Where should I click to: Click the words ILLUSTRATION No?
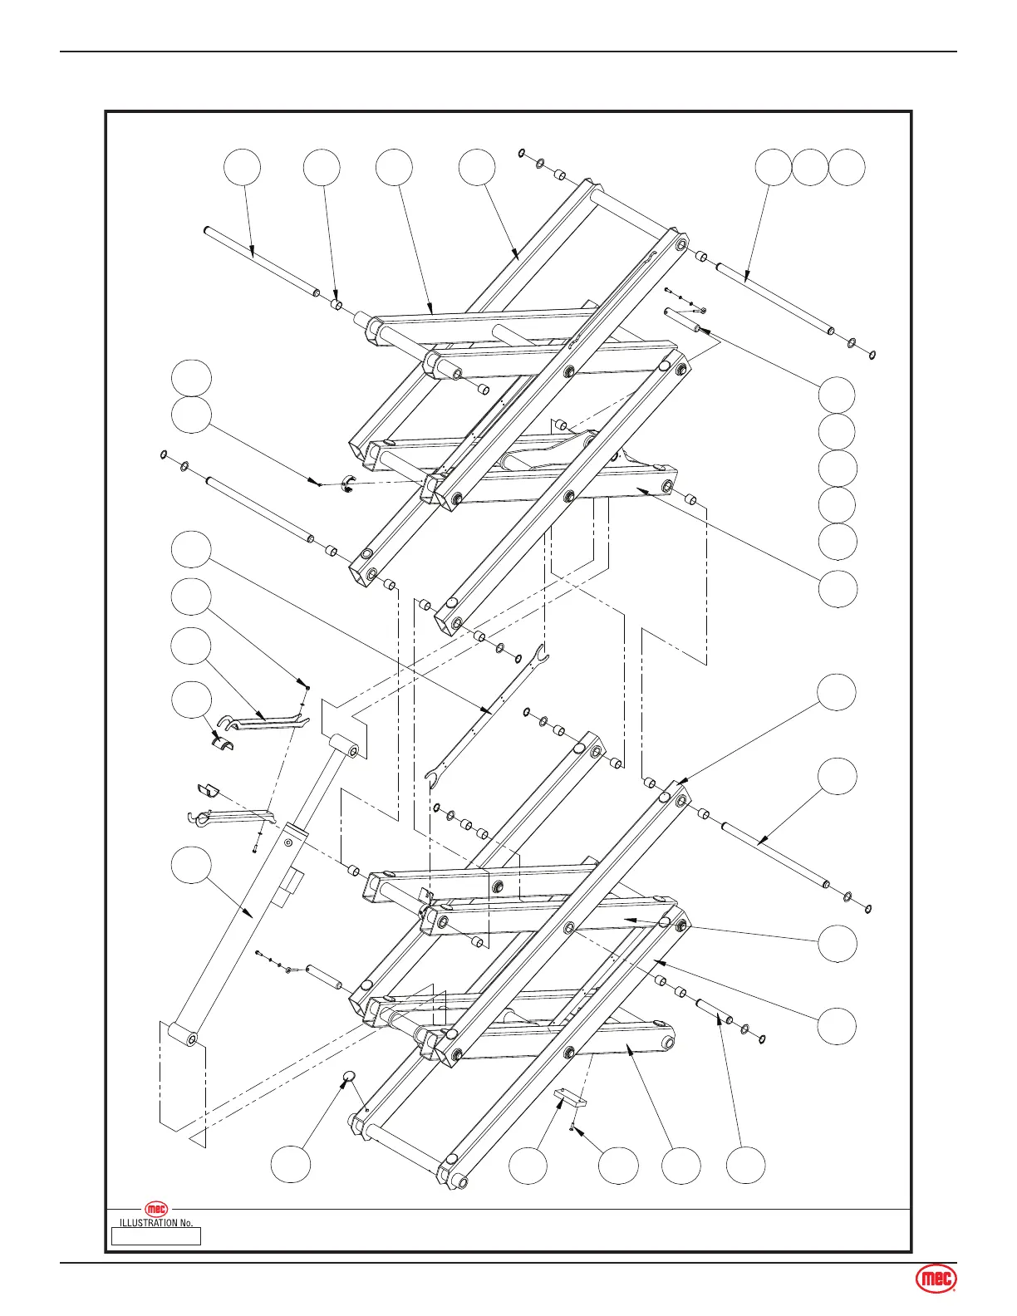(156, 1223)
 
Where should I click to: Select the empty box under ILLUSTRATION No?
(156, 1236)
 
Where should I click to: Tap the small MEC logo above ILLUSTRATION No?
(156, 1209)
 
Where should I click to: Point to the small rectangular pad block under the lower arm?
(572, 1097)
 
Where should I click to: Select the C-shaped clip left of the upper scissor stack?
(350, 484)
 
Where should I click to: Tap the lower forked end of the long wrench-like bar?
(431, 778)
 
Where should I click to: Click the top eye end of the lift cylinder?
(346, 747)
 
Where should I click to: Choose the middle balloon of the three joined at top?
(809, 168)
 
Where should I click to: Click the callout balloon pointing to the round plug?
(292, 1166)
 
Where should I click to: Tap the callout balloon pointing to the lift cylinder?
(190, 865)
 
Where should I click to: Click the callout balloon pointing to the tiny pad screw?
(619, 1166)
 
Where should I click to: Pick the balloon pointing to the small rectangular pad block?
(528, 1166)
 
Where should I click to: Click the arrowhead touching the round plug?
(344, 1084)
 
